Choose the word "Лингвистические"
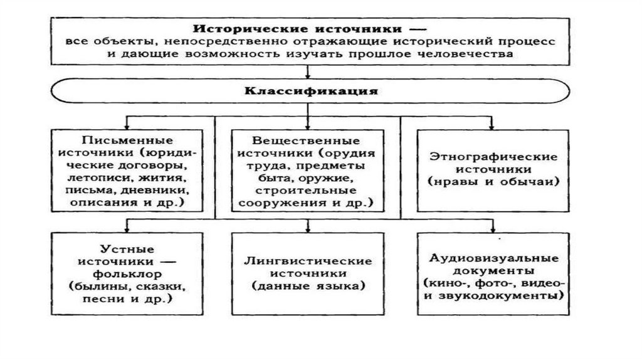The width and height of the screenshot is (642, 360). pos(308,261)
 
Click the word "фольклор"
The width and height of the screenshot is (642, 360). pos(130,273)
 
